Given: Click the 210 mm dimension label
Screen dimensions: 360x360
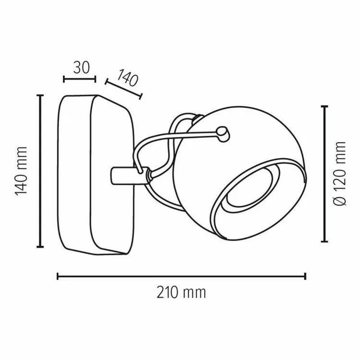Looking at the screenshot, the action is tap(181, 292).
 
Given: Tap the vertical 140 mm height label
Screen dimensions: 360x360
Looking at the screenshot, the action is tap(21, 171).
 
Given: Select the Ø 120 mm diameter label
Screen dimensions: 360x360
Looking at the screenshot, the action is tap(339, 174).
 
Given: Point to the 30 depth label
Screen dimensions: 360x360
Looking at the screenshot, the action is tap(81, 68).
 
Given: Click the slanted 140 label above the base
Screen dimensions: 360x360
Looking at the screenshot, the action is tap(127, 77).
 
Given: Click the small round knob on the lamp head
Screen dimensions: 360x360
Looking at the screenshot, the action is tap(223, 134).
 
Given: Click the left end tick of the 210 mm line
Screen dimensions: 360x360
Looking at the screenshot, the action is tap(58, 276).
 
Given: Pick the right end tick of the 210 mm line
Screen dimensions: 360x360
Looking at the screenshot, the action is tap(305, 276).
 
